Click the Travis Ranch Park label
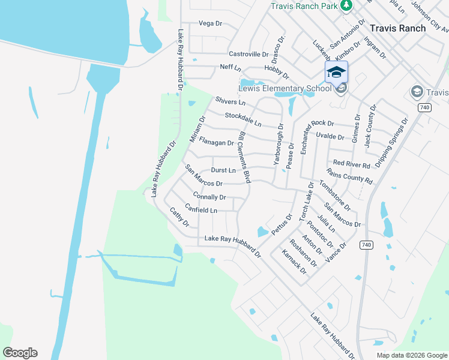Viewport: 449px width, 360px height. point(304,5)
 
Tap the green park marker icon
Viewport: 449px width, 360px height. point(346,5)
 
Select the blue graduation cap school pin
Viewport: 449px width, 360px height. point(336,73)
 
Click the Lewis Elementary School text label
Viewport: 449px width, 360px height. point(285,89)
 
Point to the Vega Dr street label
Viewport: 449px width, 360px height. point(210,23)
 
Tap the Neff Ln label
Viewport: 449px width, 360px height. point(230,67)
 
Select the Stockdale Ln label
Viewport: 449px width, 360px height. point(243,119)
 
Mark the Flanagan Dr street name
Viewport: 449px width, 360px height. point(216,143)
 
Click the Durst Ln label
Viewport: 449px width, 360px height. point(223,170)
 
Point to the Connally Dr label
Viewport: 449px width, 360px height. point(209,196)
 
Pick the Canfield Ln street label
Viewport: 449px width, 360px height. point(201,210)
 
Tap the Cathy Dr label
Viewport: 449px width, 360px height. point(179,217)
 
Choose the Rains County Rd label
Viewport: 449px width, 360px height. point(354,176)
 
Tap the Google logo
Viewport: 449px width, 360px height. point(20,352)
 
